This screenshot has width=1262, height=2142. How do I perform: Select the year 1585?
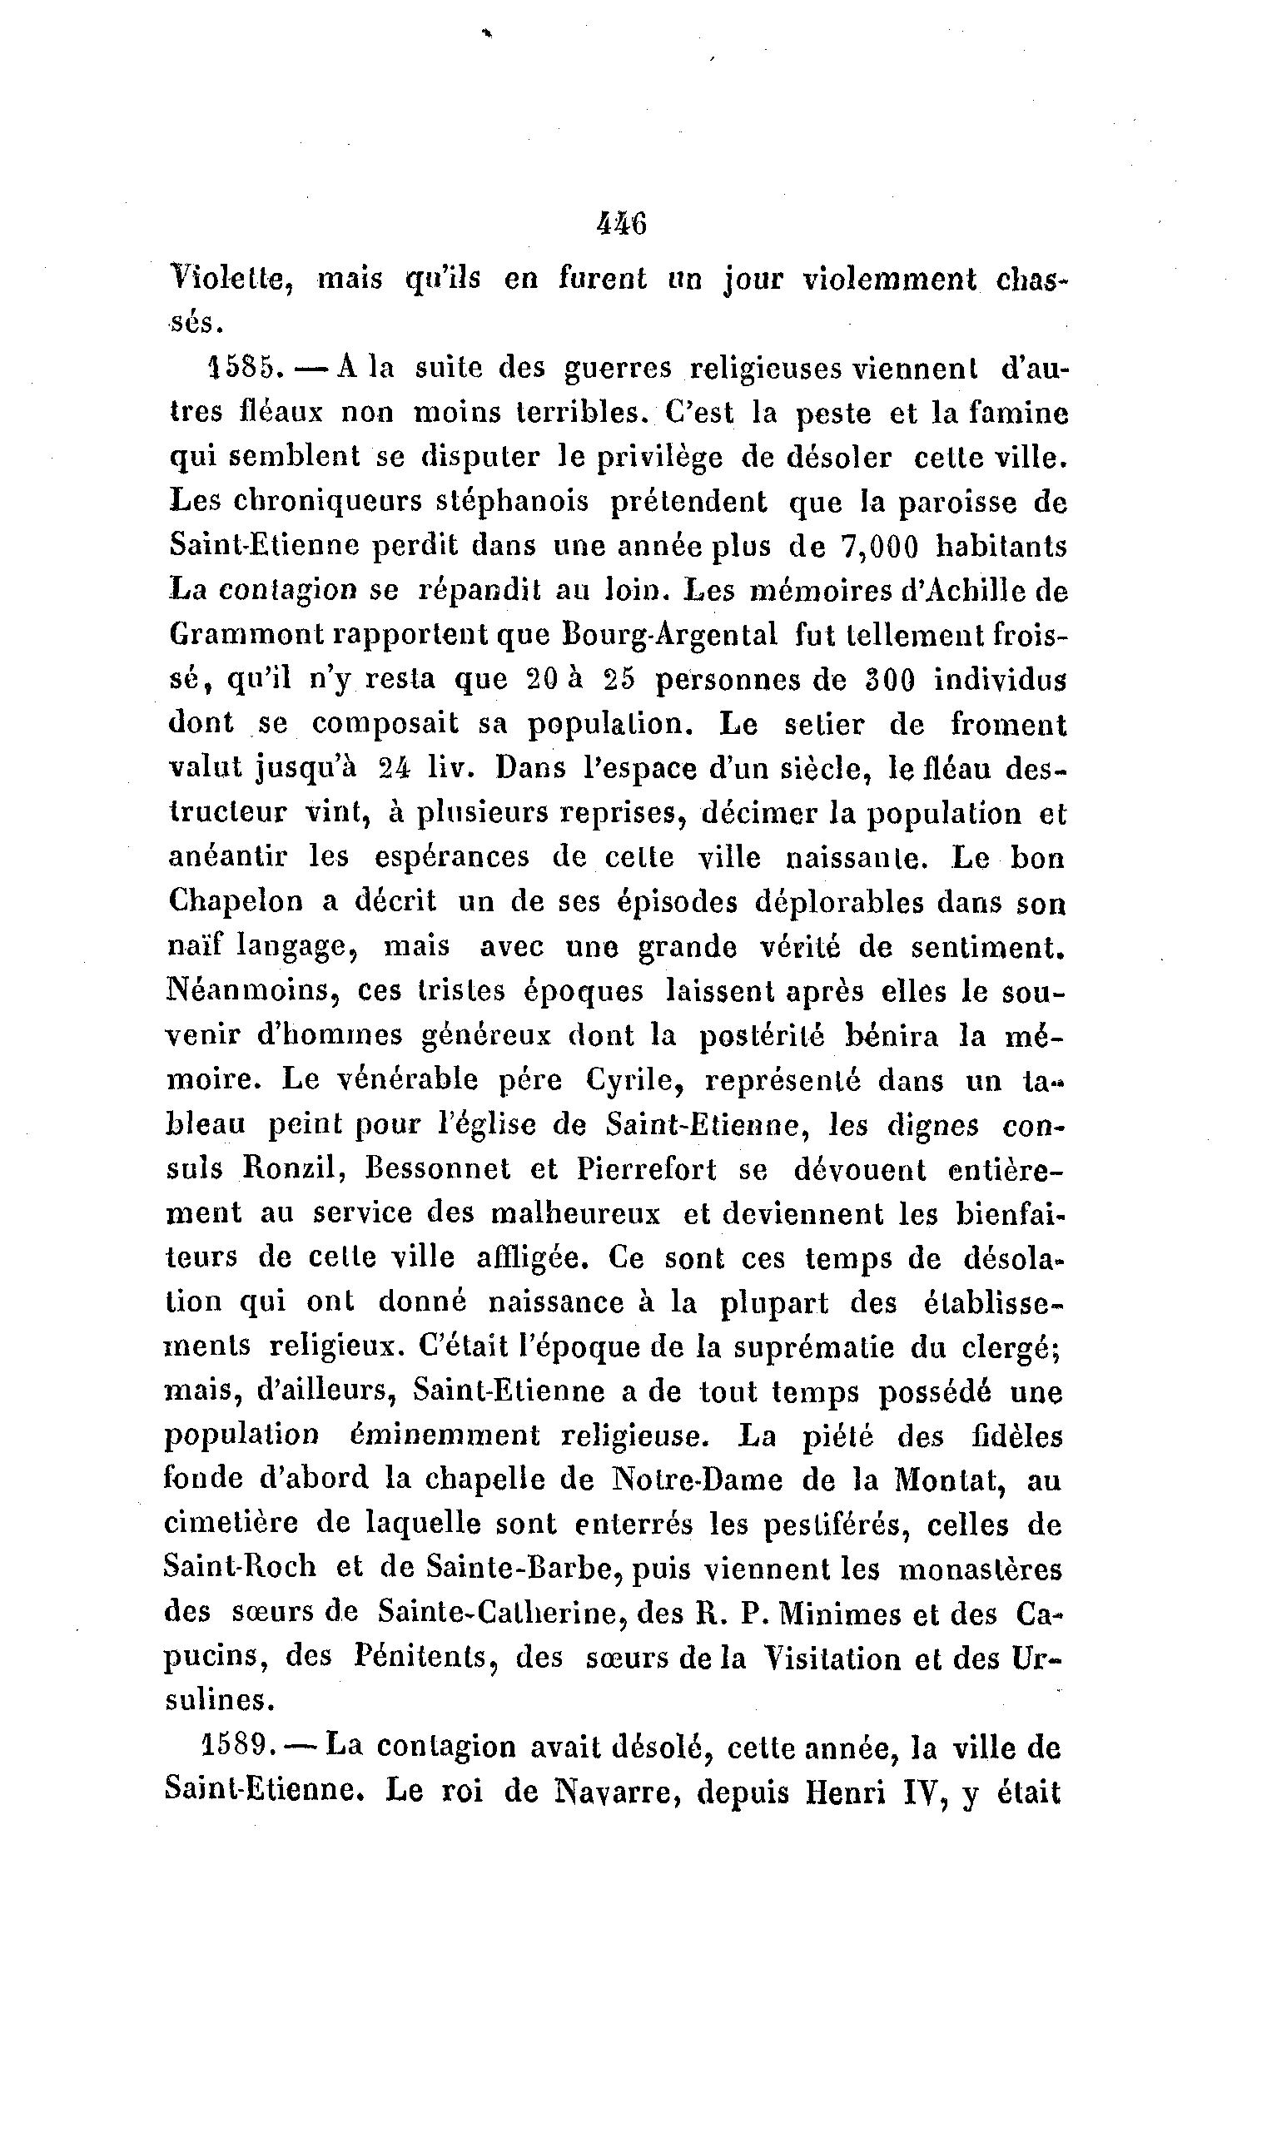pos(242,367)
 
